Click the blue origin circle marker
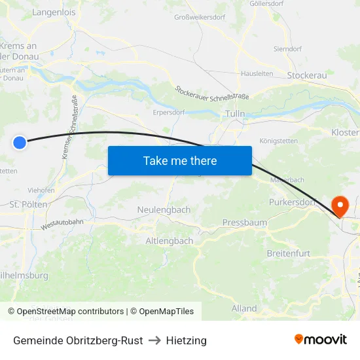tap(20, 142)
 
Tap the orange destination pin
tap(340, 206)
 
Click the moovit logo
tap(321, 339)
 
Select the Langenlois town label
tap(54, 12)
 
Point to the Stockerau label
tap(307, 76)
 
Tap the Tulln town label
tap(234, 113)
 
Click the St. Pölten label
tap(28, 204)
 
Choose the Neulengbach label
tap(164, 209)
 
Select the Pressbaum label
tap(245, 223)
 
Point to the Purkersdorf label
tap(292, 202)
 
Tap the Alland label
tap(244, 308)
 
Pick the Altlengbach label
tap(169, 241)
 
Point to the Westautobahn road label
tap(62, 224)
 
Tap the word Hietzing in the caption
tap(186, 340)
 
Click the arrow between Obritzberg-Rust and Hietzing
tap(154, 340)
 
